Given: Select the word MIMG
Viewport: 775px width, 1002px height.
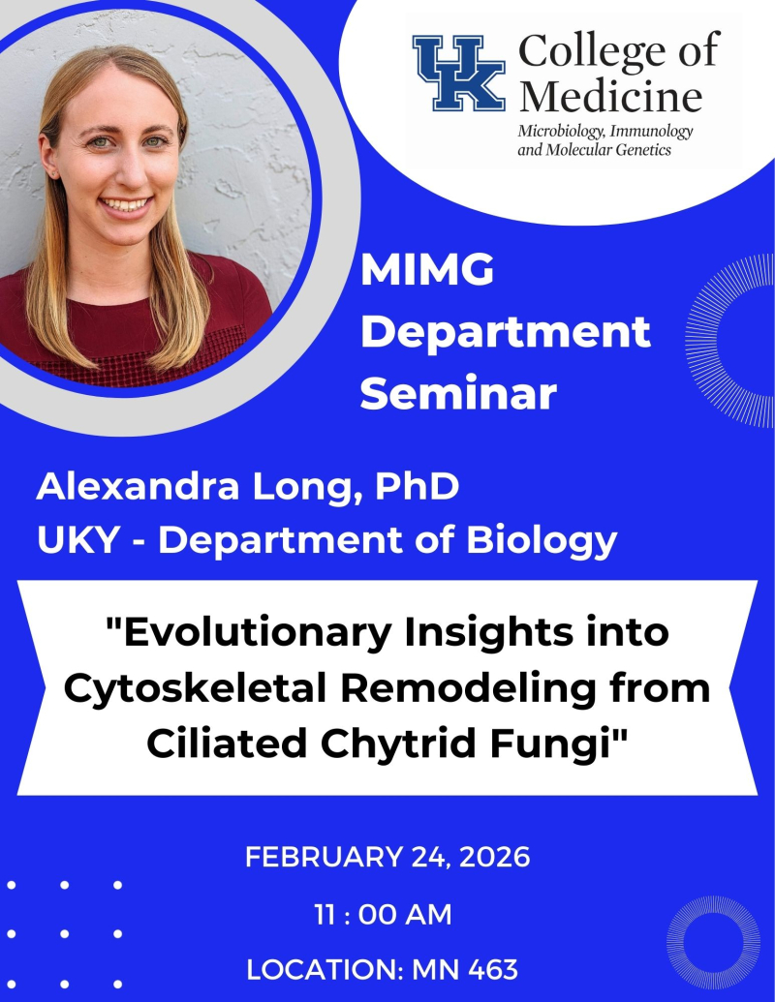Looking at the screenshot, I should click(x=426, y=272).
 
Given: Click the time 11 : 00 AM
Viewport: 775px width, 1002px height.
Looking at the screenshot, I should click(x=384, y=914).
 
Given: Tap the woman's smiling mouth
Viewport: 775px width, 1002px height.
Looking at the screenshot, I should click(x=129, y=205).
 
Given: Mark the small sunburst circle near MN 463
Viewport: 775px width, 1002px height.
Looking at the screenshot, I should click(x=713, y=941).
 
